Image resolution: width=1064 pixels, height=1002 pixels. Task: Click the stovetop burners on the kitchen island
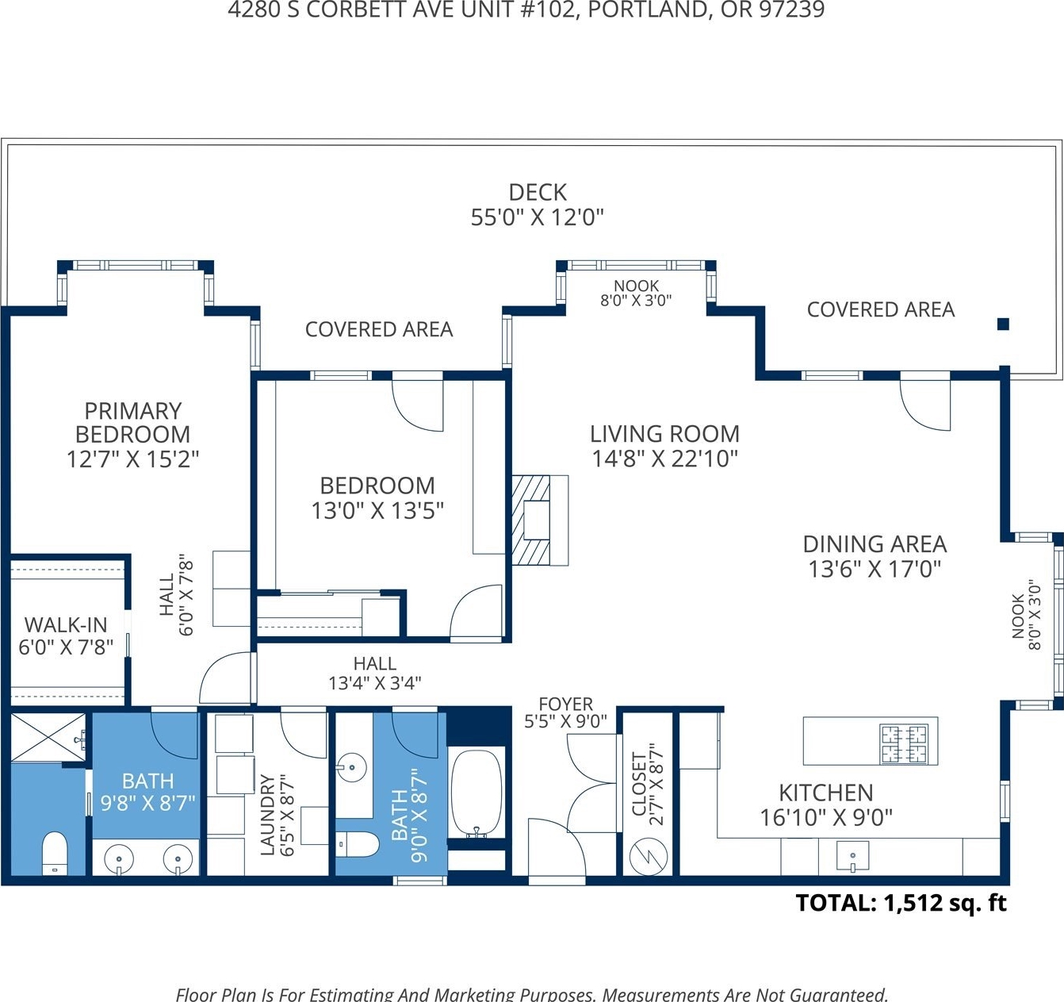[904, 744]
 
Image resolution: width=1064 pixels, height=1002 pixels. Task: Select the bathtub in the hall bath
[477, 794]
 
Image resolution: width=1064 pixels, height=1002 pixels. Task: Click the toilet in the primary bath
[54, 853]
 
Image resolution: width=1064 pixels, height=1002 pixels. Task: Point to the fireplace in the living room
[540, 520]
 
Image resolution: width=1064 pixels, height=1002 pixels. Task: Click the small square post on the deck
[1003, 324]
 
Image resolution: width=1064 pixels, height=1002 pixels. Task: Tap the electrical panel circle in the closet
[649, 858]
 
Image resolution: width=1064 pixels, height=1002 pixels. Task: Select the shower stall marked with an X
[48, 736]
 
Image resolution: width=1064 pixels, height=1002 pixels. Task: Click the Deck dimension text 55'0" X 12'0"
[537, 217]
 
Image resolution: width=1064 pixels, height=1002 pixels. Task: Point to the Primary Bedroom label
[133, 423]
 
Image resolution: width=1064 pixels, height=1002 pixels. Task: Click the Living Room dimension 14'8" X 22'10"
[664, 459]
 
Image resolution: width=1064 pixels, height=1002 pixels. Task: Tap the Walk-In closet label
[66, 624]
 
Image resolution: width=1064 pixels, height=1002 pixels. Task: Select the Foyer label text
[566, 704]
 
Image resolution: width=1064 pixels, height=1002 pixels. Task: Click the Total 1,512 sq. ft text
[901, 903]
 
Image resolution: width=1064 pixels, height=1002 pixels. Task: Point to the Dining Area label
[875, 544]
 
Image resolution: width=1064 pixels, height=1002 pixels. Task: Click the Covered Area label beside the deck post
[881, 309]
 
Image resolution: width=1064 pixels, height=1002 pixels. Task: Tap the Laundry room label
[267, 814]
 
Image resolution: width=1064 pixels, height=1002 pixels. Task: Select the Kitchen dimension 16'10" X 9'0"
[826, 818]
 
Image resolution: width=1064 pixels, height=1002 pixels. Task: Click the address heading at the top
[526, 10]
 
